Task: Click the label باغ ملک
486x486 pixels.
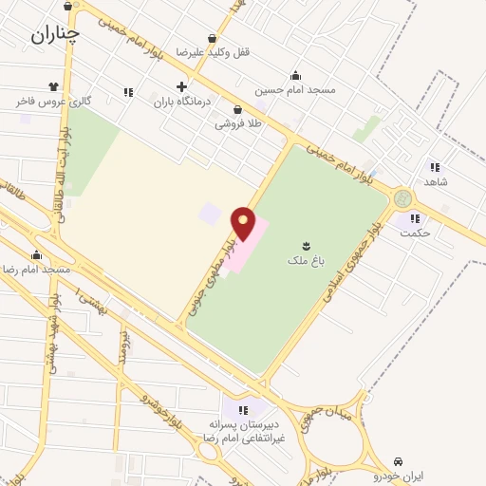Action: tap(306, 258)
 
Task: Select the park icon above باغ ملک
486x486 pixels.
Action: tap(306, 244)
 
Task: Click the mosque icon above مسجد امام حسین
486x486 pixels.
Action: tap(295, 76)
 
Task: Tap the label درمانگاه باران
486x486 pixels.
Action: tap(180, 102)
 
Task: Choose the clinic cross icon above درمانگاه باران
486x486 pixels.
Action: tap(181, 87)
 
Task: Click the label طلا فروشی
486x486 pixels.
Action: tap(237, 123)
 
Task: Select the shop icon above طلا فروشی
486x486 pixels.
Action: tap(237, 109)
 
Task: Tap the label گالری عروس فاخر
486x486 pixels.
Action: tap(53, 100)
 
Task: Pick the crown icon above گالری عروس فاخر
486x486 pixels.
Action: tap(65, 86)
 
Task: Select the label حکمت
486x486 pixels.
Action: tap(415, 232)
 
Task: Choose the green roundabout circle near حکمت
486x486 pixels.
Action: tap(403, 199)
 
